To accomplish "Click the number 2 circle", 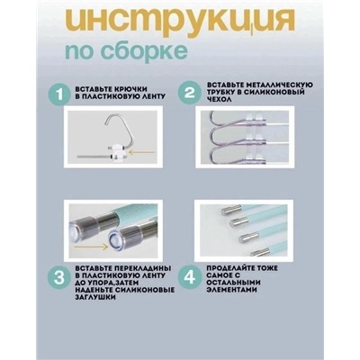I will (189, 92).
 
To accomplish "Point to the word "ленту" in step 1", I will (143, 99).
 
